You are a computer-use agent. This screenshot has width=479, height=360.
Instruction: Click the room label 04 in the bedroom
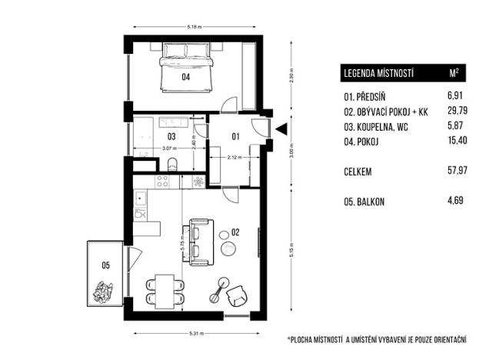coord(185,77)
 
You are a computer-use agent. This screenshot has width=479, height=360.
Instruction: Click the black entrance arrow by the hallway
coord(281,129)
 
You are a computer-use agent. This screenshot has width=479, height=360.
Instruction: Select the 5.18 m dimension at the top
coord(195,27)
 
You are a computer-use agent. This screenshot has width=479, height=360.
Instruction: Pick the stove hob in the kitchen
coord(163,182)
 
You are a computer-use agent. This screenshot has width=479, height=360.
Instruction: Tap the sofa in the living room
coord(199,240)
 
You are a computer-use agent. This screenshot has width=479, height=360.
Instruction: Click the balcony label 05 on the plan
coord(105,265)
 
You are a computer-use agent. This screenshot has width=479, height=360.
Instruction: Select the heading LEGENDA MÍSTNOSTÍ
coord(380,74)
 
